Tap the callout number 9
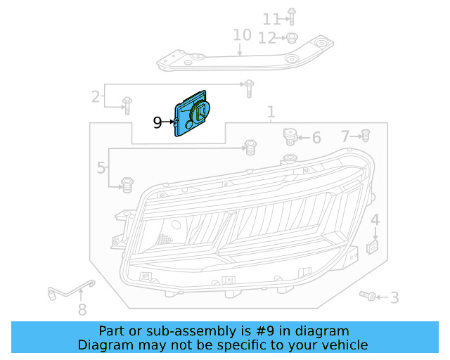click(157, 123)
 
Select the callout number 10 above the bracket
click(241, 34)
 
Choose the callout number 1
click(271, 112)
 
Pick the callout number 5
click(101, 168)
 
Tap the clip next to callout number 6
click(288, 135)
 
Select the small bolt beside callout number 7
click(365, 135)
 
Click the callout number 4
click(375, 220)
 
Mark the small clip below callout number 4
click(374, 247)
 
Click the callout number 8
click(82, 309)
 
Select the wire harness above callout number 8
click(70, 288)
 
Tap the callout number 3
click(394, 298)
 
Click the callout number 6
click(316, 138)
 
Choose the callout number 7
click(345, 136)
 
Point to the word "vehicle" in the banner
click(342, 345)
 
